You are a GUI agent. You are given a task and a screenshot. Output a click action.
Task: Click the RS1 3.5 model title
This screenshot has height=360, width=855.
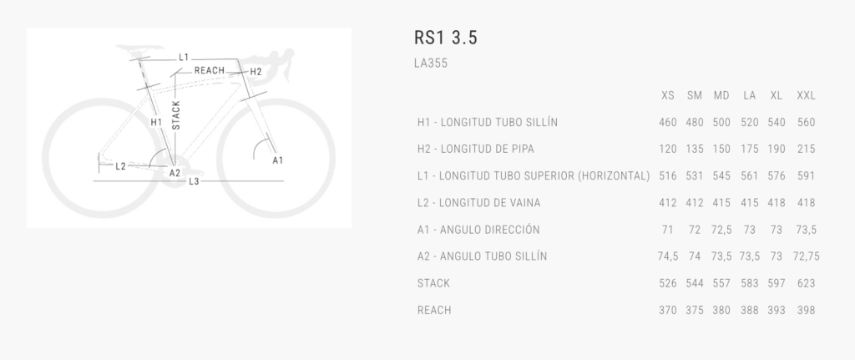(x=446, y=38)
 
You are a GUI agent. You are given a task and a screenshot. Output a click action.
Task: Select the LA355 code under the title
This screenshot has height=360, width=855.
(x=431, y=63)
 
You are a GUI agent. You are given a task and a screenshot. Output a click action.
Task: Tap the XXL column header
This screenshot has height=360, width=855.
(x=806, y=95)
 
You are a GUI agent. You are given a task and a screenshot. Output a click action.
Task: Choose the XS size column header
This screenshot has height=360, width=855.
(x=667, y=95)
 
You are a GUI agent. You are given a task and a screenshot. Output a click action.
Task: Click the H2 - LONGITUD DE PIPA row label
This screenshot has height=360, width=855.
(x=475, y=149)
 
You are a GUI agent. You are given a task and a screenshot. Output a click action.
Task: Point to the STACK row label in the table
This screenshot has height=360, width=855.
(x=433, y=283)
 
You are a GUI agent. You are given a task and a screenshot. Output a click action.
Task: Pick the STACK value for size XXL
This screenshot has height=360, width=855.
(x=806, y=283)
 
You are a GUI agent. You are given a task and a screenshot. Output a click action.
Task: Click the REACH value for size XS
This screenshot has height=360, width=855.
(x=667, y=310)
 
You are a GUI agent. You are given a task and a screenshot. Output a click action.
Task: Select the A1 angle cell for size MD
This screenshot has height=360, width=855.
(x=721, y=230)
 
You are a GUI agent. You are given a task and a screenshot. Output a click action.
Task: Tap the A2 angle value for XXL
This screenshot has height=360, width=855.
(x=806, y=256)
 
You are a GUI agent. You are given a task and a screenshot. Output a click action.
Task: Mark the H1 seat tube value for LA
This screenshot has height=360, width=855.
(x=749, y=122)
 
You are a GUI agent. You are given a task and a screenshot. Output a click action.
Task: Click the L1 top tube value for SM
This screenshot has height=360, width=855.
(x=694, y=175)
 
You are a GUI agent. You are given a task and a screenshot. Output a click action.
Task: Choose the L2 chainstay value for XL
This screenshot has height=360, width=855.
(x=776, y=203)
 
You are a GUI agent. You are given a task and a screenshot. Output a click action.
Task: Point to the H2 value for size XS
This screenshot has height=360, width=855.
(x=667, y=149)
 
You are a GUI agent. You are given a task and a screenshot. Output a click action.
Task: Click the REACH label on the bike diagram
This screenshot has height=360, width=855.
(x=210, y=70)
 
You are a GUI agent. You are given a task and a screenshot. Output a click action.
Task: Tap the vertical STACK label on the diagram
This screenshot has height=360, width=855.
(x=175, y=115)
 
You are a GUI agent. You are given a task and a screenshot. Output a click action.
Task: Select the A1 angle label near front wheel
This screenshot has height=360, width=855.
(x=277, y=160)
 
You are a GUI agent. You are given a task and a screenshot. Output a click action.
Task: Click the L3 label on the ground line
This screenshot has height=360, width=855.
(x=194, y=181)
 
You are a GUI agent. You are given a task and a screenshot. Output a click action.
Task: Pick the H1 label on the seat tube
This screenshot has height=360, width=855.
(x=156, y=122)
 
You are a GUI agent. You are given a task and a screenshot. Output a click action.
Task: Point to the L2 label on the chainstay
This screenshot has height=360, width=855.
(x=120, y=166)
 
